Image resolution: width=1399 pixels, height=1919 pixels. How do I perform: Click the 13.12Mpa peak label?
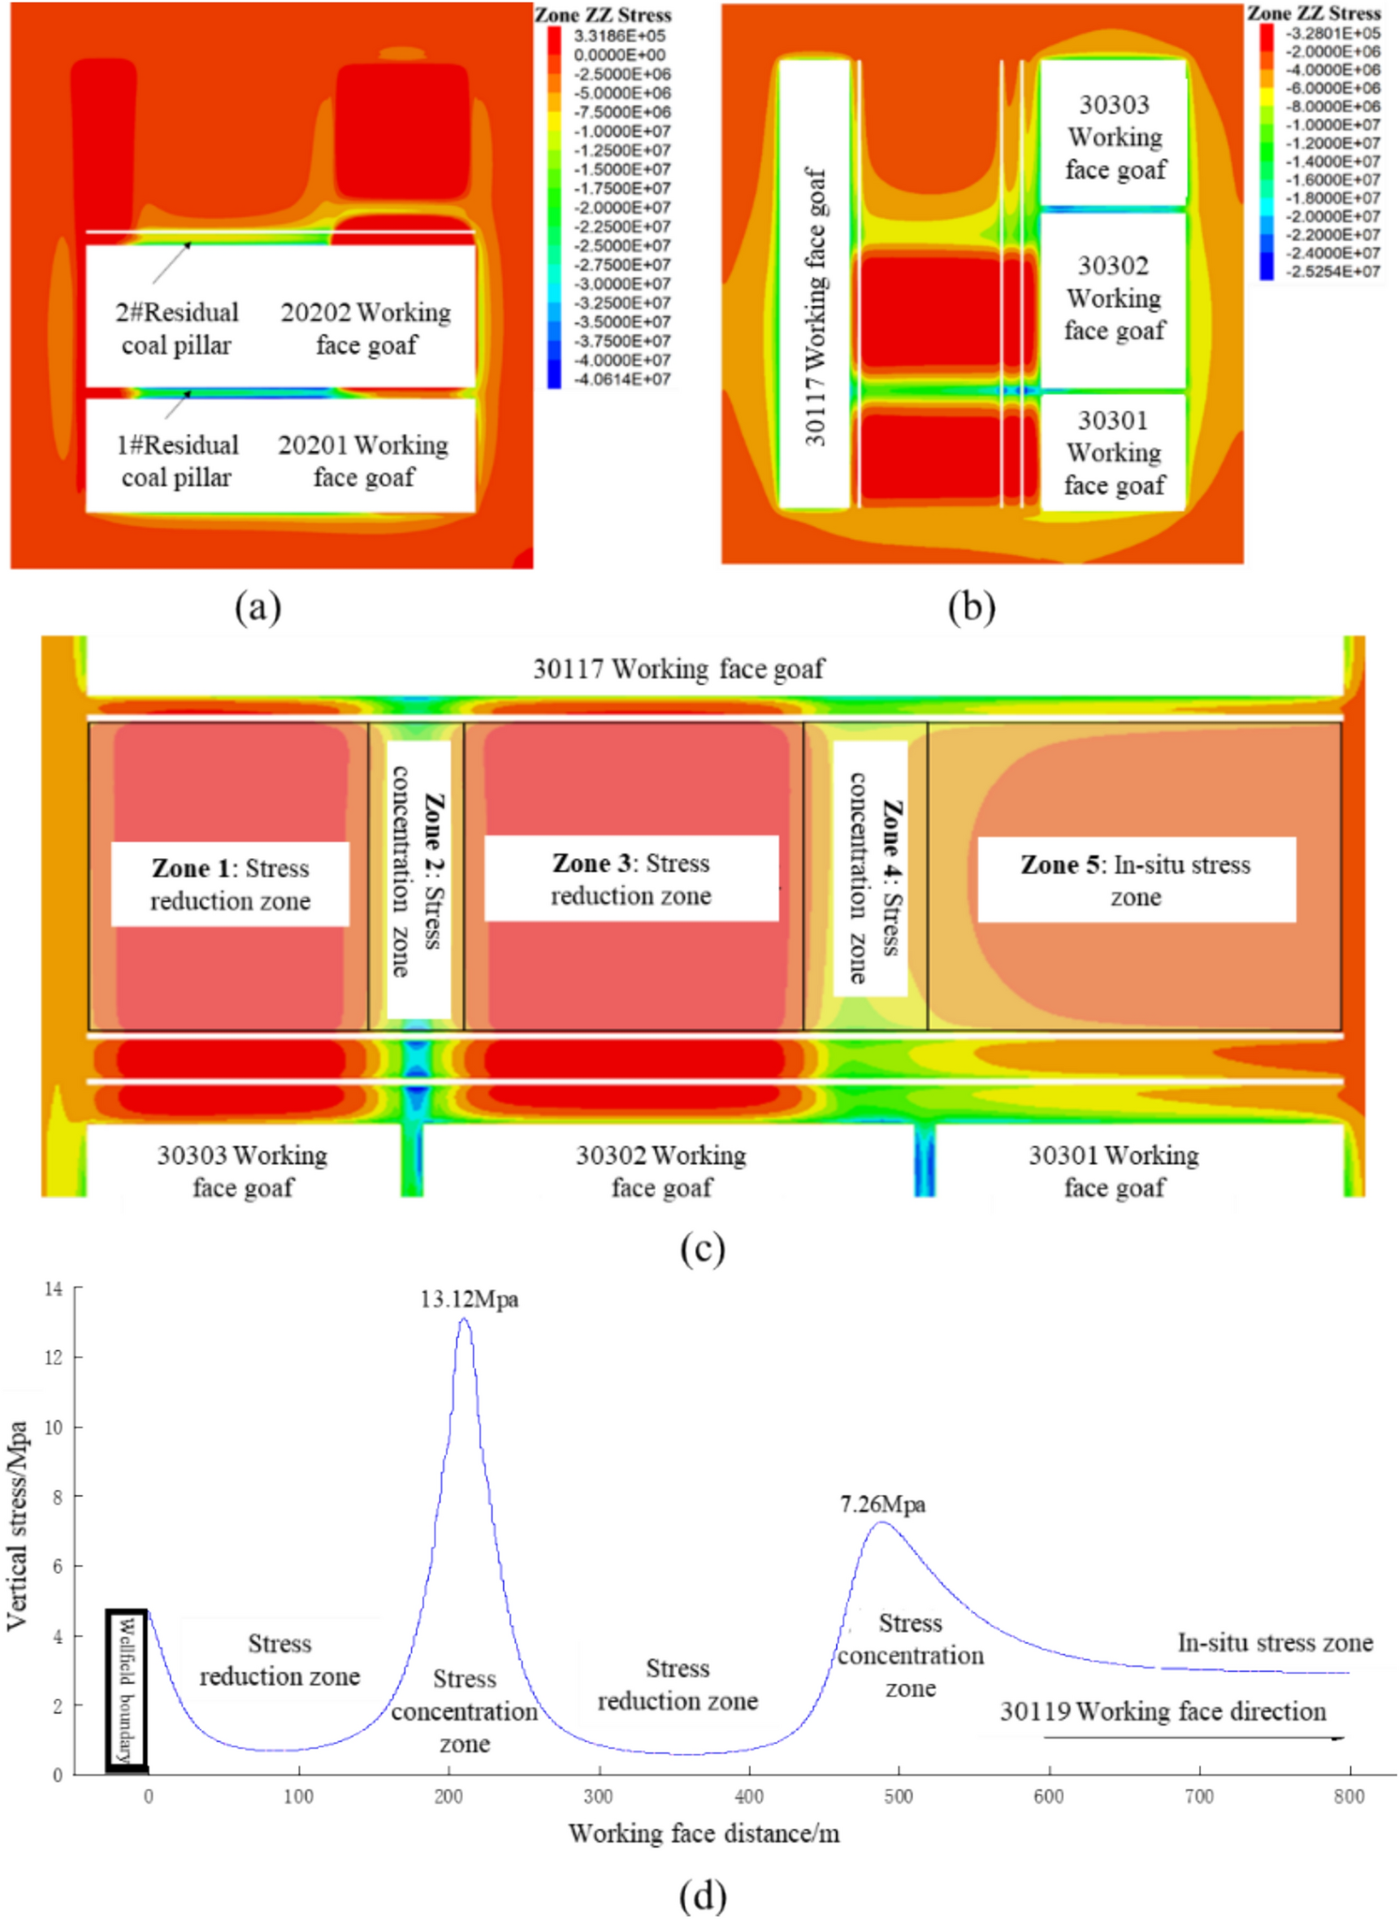469,1300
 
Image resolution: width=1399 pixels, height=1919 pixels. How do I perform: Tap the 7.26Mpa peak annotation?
882,1505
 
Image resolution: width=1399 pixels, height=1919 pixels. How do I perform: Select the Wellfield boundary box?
127,1691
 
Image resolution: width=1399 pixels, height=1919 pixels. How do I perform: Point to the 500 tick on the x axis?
899,1797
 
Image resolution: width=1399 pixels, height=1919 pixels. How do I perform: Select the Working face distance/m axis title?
704,1835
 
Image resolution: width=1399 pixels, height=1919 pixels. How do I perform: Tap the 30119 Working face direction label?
1163,1712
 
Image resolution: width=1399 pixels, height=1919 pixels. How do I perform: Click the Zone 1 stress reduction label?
231,884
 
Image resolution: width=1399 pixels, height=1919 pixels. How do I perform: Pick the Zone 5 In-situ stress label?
1136,880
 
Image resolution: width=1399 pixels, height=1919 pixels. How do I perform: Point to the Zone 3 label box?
631,879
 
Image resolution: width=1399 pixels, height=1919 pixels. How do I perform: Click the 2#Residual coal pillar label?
177,328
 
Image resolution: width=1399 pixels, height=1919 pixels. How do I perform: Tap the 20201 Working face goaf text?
363,461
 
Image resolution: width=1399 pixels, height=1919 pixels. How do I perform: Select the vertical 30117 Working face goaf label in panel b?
815,306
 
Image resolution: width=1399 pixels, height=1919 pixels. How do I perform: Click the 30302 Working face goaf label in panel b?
1114,298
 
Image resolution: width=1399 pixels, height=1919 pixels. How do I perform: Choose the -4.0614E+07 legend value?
622,379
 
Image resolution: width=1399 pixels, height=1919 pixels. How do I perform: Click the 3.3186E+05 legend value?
619,36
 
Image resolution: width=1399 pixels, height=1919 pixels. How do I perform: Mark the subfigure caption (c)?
702,1249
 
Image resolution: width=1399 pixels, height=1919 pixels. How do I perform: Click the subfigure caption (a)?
258,607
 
